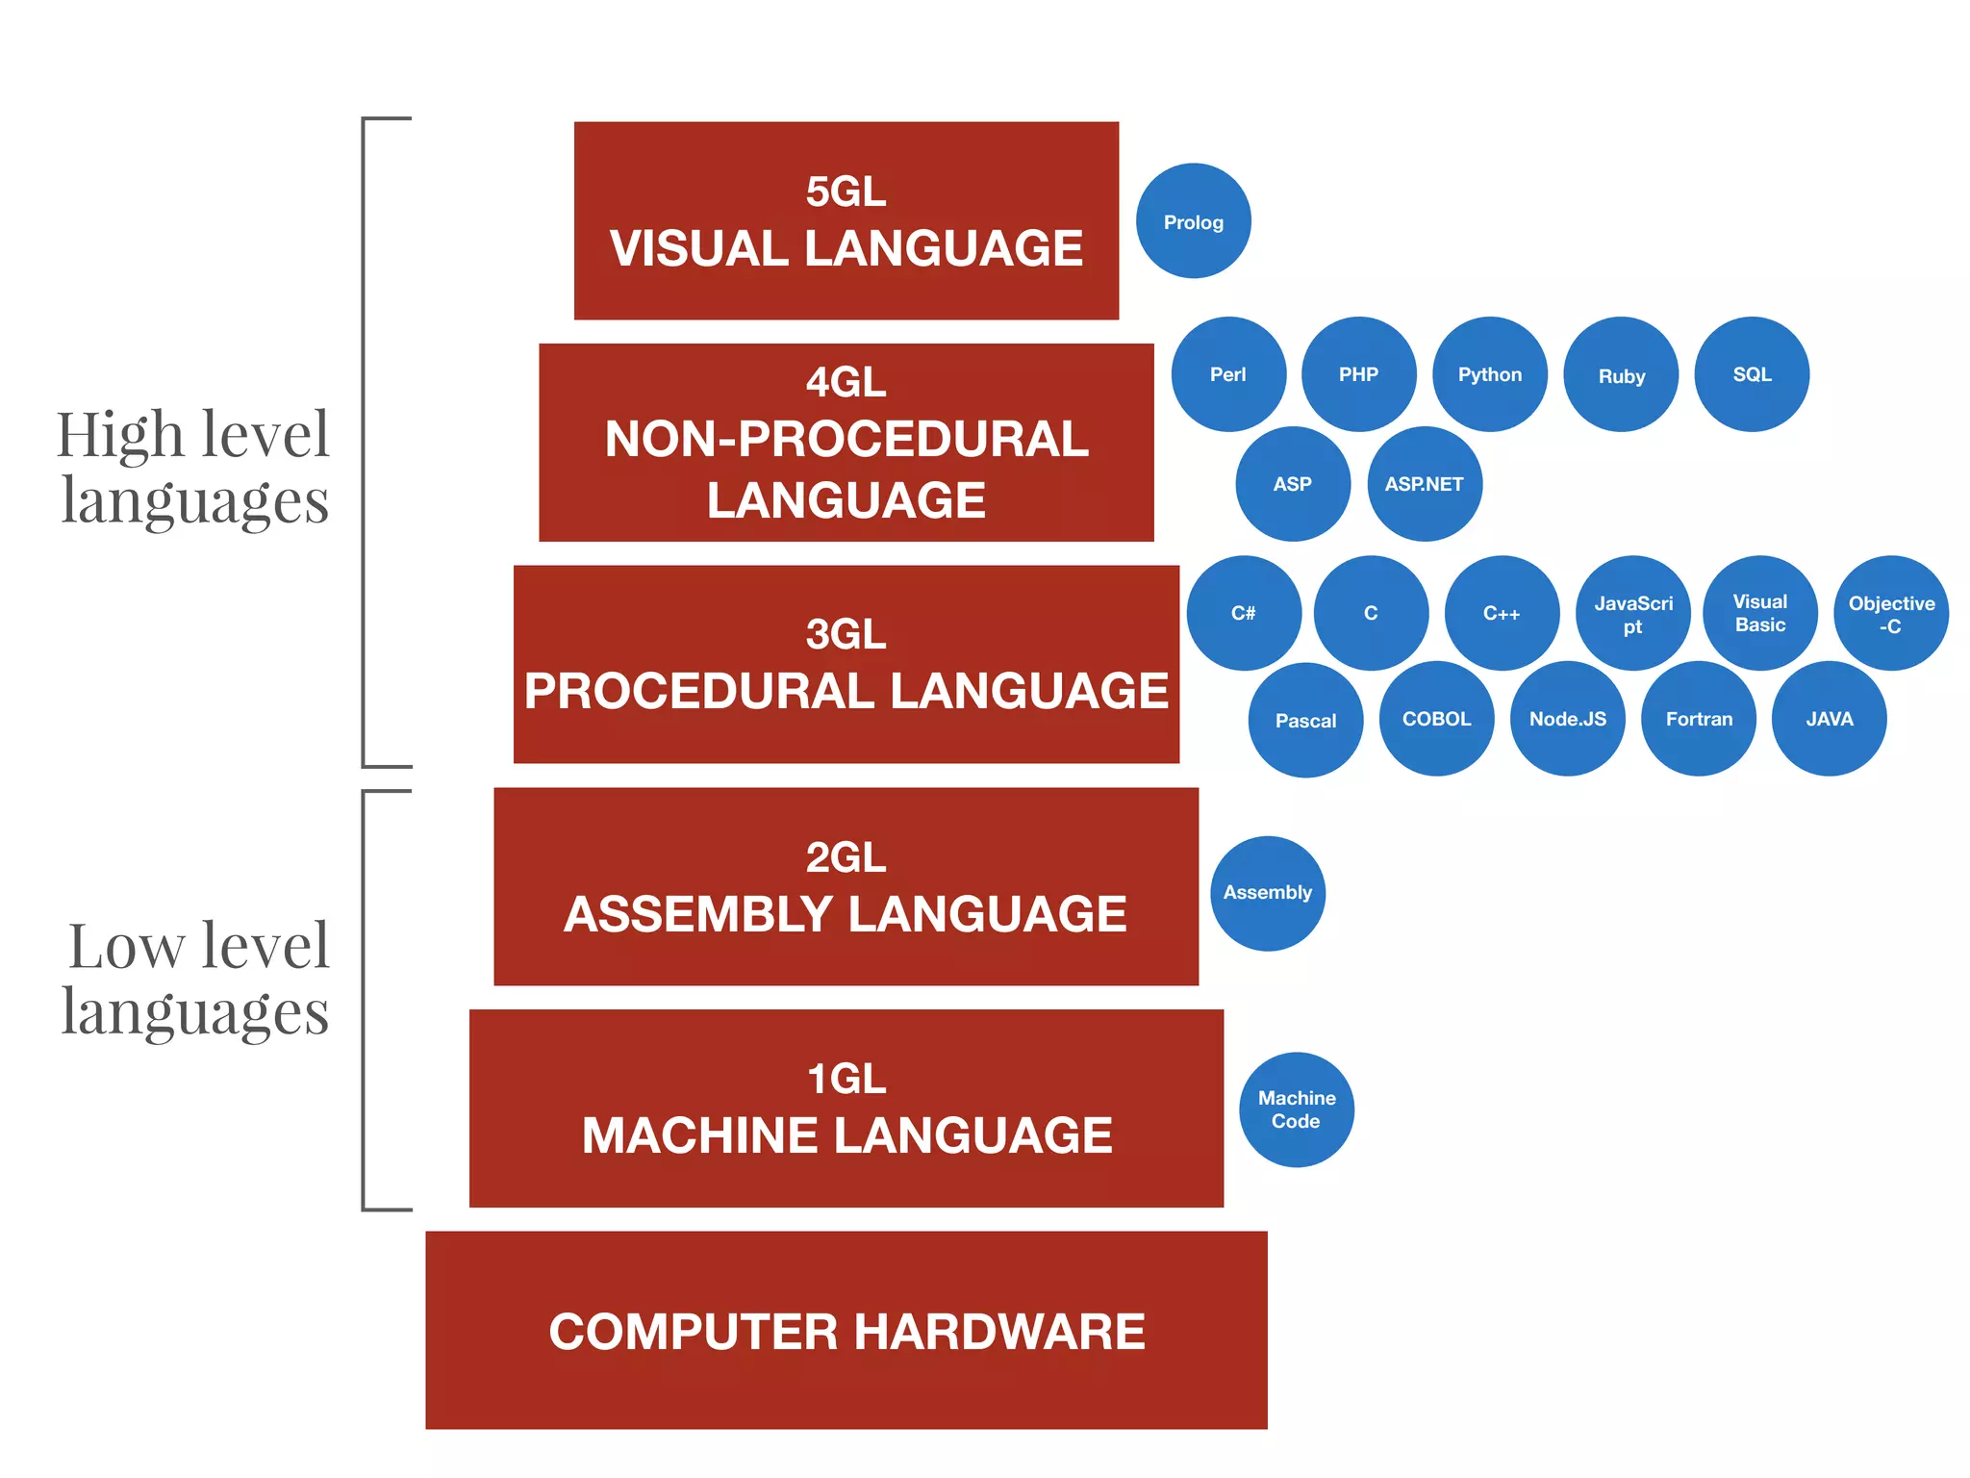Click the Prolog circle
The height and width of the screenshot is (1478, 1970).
tap(1193, 221)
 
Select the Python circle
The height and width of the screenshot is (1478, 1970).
tap(1489, 374)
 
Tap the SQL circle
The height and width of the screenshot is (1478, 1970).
tap(1752, 374)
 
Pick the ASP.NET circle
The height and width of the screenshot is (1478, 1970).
tap(1424, 484)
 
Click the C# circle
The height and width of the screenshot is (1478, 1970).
tap(1243, 613)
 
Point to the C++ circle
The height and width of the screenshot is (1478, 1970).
tap(1502, 613)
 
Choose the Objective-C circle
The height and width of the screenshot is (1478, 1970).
tap(1891, 614)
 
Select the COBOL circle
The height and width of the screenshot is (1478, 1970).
tap(1436, 719)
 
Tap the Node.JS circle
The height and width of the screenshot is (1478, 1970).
tap(1567, 719)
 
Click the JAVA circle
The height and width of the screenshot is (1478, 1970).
tap(1829, 719)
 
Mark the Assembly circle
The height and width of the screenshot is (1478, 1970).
tap(1267, 893)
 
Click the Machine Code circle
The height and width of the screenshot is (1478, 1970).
tap(1296, 1109)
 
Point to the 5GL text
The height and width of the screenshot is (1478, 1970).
tap(846, 191)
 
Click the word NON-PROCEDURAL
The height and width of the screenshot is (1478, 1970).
tap(846, 440)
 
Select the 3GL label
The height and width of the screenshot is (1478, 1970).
tap(846, 634)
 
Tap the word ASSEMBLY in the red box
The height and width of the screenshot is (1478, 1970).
tap(698, 914)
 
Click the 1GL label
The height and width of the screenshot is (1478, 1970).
tap(846, 1079)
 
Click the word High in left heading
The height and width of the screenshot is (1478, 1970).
tap(120, 435)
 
